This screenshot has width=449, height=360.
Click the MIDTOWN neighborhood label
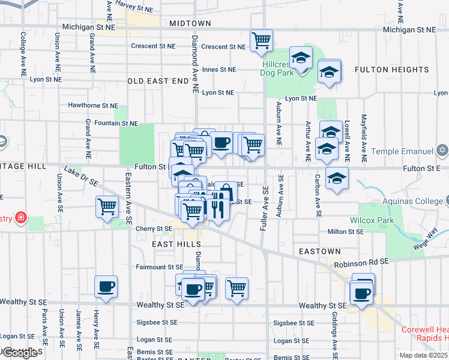190,23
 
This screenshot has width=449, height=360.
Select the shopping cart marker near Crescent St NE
261,41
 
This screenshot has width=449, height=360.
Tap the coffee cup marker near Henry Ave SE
106,287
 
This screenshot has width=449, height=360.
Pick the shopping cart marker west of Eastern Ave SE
107,207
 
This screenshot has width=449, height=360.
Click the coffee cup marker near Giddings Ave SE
362,293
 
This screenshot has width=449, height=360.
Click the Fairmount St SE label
159,267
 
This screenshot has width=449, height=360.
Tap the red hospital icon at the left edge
20,217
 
